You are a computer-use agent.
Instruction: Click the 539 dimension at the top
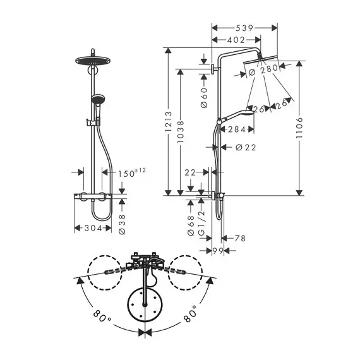(244, 28)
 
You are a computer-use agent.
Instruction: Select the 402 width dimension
(236, 40)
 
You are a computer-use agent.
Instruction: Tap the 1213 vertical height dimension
(169, 121)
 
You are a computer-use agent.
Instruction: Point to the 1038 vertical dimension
(181, 132)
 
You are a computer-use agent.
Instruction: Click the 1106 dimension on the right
(299, 128)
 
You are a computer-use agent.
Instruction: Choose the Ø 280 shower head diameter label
(263, 69)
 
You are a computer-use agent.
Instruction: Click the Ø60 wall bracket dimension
(204, 97)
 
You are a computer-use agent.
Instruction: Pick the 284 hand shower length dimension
(237, 129)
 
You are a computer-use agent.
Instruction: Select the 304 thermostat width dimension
(93, 228)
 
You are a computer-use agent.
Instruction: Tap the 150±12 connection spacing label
(132, 172)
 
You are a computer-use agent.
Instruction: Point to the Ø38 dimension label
(122, 224)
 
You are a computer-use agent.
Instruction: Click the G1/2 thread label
(201, 223)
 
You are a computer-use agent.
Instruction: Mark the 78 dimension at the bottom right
(240, 238)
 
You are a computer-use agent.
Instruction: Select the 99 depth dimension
(218, 251)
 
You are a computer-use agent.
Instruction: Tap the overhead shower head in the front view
(93, 61)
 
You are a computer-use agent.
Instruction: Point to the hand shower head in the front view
(98, 99)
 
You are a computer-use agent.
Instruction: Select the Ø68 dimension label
(191, 225)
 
